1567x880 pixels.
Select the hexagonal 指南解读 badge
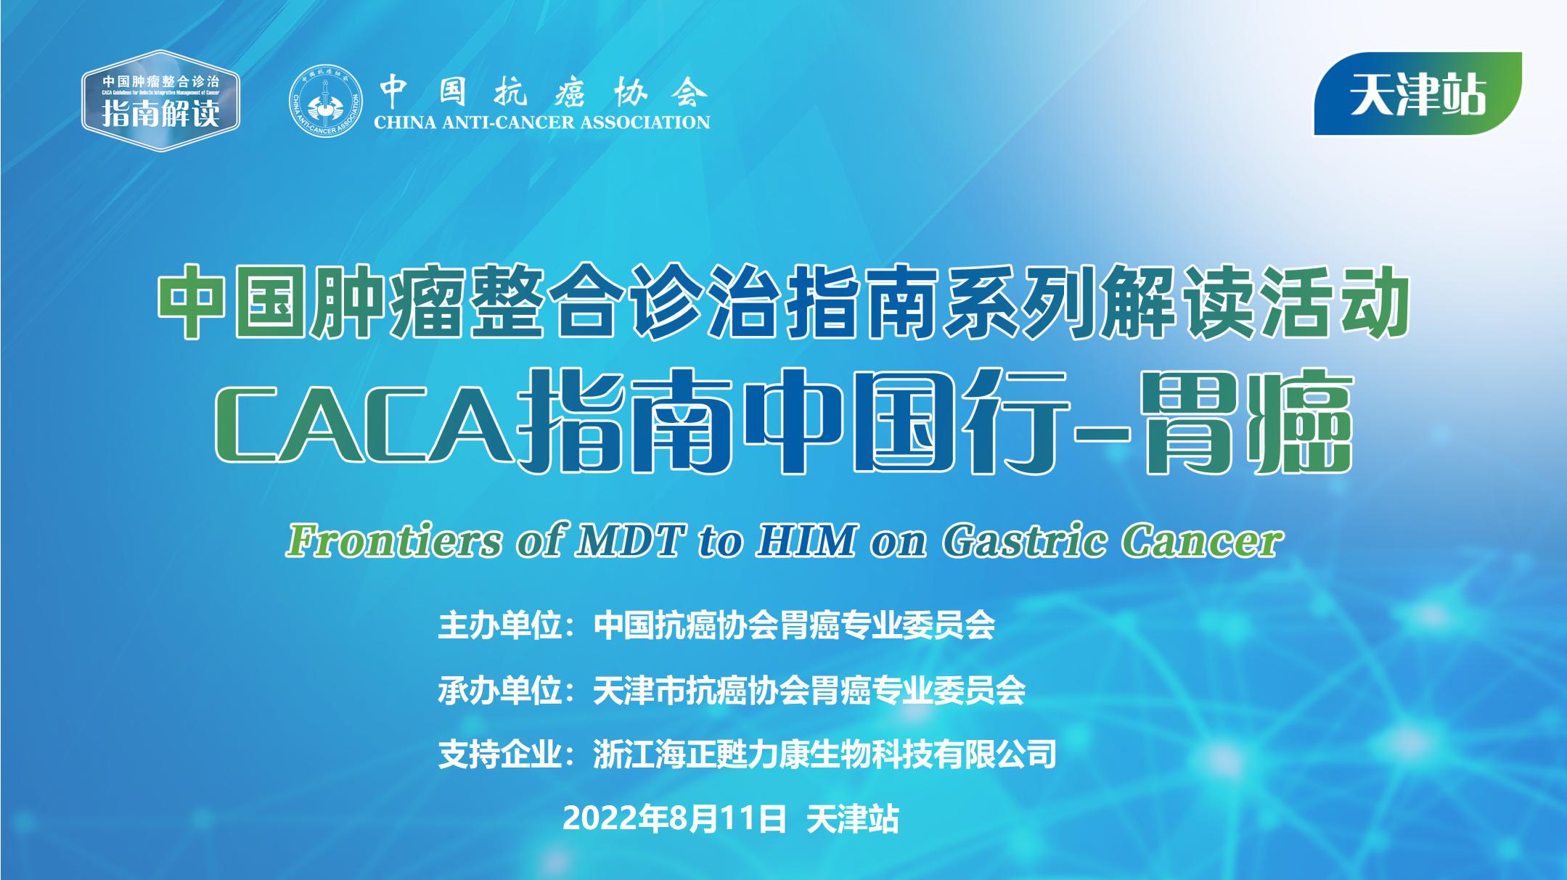click(x=160, y=102)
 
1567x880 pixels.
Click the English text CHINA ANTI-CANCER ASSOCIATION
click(x=541, y=122)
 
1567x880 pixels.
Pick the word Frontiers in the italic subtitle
click(x=393, y=541)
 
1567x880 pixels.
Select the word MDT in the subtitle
click(x=629, y=541)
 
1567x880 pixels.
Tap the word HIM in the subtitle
click(x=806, y=541)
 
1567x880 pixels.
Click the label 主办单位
click(x=501, y=625)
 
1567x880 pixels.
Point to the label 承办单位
click(x=501, y=690)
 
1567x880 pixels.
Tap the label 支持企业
click(x=501, y=754)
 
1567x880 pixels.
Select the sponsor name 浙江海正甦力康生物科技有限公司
click(x=825, y=754)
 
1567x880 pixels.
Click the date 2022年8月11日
click(x=675, y=819)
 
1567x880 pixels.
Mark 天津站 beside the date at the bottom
click(x=853, y=819)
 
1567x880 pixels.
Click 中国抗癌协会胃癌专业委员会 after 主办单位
click(x=794, y=625)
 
